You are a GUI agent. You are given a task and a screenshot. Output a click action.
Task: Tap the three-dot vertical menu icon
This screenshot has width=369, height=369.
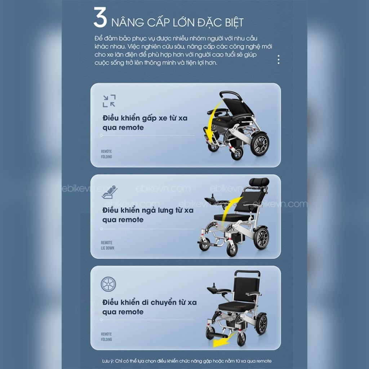point(279,59)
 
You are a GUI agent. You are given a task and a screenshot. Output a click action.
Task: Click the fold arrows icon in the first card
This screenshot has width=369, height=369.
point(109,101)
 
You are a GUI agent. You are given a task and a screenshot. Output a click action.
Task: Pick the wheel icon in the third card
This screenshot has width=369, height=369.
point(108,284)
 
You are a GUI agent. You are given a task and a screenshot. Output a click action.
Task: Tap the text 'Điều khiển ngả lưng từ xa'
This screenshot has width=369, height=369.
point(148,210)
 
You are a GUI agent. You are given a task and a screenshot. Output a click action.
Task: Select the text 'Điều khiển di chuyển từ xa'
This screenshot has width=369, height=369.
point(150,302)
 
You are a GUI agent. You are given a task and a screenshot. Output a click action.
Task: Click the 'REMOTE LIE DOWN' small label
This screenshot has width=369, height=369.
point(107,245)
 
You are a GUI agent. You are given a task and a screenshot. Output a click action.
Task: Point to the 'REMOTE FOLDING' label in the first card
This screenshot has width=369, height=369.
point(106,154)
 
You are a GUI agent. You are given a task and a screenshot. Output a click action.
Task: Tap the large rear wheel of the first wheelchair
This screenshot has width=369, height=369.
point(259,144)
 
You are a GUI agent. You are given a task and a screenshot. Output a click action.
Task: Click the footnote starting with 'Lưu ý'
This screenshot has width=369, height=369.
point(187,361)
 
